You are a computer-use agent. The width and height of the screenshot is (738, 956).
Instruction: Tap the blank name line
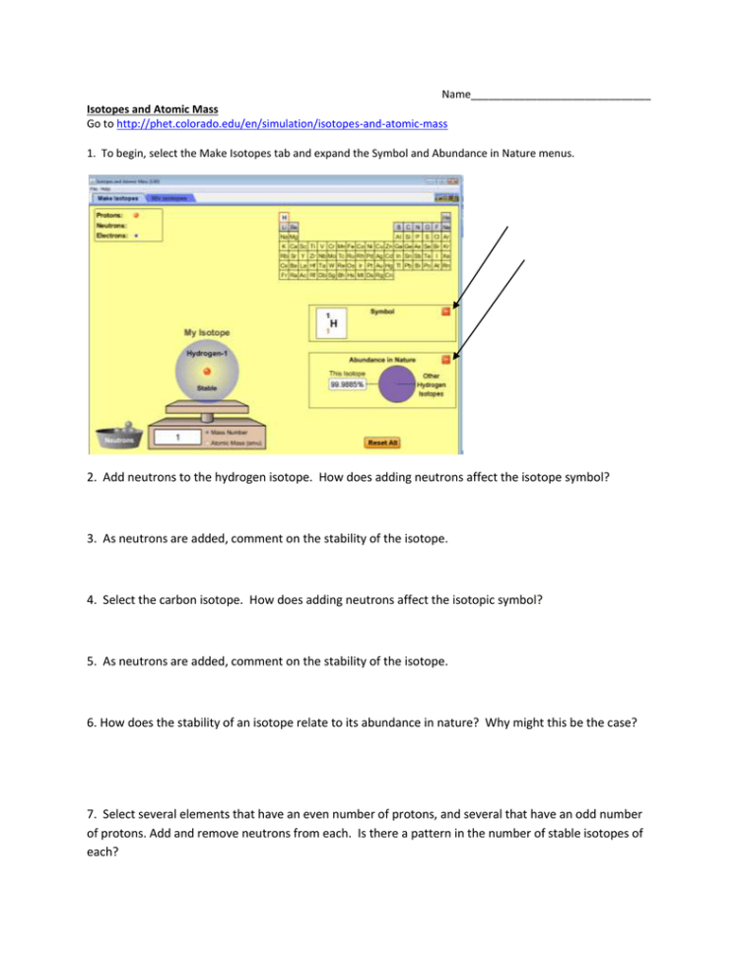(561, 96)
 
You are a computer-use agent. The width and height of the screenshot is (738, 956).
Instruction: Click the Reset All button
(382, 443)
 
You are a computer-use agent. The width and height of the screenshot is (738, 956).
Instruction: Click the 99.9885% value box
(347, 384)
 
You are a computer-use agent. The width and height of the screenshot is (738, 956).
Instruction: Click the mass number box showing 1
(177, 437)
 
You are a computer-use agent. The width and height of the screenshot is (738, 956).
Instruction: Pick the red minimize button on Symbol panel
(445, 311)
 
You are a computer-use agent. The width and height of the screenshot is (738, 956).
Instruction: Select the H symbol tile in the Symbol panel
(333, 322)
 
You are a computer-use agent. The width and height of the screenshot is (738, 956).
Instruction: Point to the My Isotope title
(207, 333)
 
